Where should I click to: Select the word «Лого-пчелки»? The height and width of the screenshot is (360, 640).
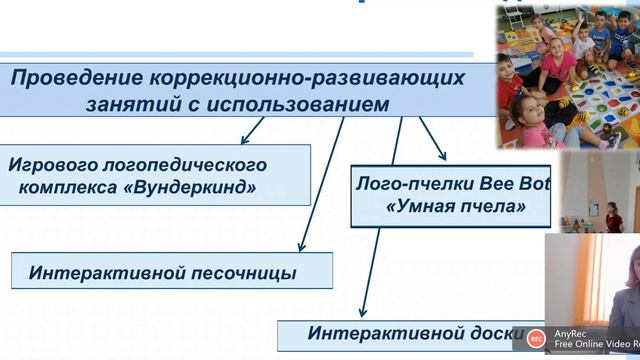point(403,185)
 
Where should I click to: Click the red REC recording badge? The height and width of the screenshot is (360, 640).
point(535,337)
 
